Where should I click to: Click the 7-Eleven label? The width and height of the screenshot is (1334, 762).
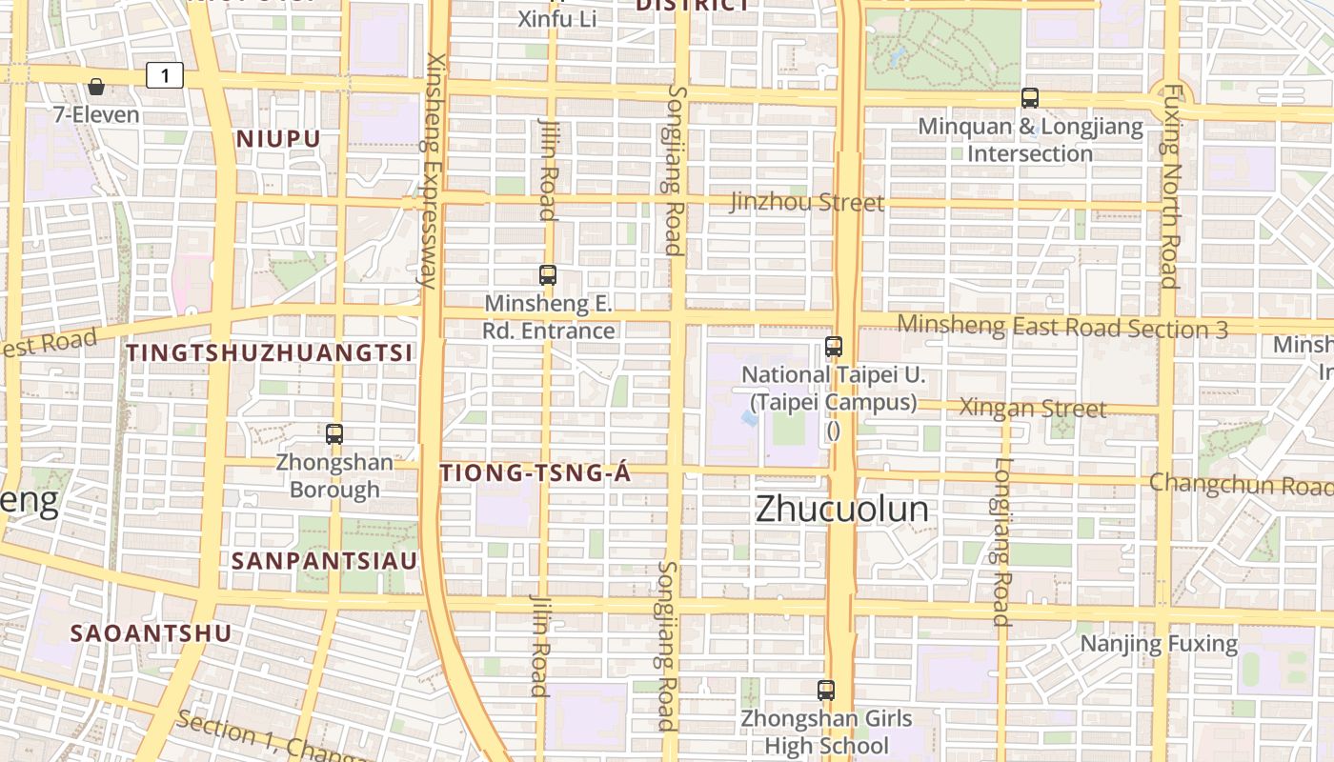95,114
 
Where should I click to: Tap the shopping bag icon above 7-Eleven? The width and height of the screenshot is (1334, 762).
95,87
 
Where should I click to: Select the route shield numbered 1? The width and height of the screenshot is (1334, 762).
165,75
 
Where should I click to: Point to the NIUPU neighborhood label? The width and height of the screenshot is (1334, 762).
278,139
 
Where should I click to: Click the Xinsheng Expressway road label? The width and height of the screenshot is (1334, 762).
432,170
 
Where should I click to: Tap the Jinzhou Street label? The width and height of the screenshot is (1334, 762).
807,202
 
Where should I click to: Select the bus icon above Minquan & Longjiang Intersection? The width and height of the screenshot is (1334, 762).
1029,97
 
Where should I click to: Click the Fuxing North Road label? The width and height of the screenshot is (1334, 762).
1171,186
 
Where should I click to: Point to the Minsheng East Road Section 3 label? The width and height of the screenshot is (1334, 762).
1062,327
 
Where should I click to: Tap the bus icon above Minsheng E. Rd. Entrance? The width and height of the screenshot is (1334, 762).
548,275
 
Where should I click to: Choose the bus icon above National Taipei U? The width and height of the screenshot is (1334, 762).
834,347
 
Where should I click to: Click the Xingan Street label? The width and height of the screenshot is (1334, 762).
1032,409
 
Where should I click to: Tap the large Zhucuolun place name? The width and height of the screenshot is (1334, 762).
841,509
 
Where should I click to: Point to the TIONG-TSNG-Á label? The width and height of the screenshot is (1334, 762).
536,472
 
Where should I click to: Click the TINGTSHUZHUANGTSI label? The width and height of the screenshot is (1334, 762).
270,352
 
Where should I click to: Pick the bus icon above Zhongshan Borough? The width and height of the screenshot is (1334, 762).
334,434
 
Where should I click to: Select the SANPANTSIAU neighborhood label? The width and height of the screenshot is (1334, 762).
324,561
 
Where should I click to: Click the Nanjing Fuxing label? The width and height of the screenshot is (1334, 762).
1158,644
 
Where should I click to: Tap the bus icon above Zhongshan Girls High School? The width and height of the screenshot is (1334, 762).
826,691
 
